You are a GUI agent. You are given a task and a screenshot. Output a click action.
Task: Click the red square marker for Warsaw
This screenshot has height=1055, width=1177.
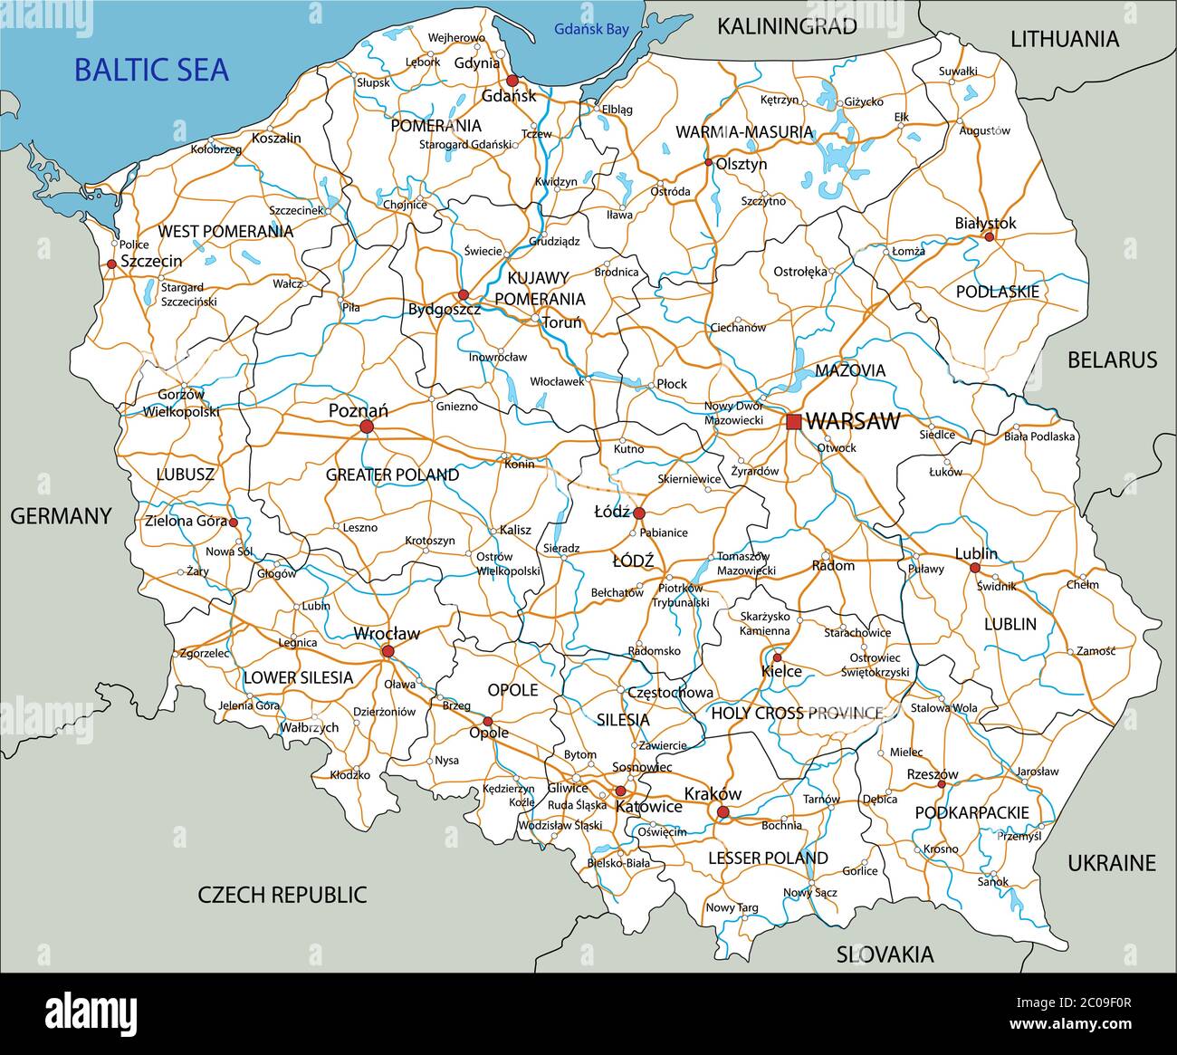click(x=794, y=421)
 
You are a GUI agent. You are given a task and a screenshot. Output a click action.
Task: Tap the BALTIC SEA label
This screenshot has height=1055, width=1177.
click(x=151, y=70)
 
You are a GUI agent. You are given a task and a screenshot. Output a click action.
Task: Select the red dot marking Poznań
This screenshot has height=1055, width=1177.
click(x=367, y=426)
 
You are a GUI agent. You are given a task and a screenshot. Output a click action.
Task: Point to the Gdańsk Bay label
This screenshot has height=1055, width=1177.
click(x=591, y=30)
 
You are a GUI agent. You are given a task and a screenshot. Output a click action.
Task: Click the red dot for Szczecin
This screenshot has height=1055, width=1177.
click(x=111, y=264)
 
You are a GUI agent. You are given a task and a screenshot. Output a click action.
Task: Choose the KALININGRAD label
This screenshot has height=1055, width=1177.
click(x=787, y=26)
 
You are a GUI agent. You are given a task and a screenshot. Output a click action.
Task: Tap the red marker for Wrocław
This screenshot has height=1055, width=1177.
click(x=388, y=651)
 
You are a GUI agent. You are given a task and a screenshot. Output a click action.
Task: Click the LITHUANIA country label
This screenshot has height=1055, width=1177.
click(x=1065, y=39)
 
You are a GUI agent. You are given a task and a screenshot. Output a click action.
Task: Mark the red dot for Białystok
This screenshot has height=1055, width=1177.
click(x=989, y=237)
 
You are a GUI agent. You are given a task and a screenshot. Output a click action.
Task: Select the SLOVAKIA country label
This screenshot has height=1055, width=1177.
click(x=885, y=954)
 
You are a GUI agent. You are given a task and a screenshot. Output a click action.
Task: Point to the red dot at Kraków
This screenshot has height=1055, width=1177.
click(x=722, y=811)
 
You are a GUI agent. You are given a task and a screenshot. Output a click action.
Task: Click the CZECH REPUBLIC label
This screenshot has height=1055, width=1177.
click(x=282, y=895)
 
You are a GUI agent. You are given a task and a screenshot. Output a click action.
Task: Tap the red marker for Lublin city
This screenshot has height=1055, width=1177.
click(x=975, y=568)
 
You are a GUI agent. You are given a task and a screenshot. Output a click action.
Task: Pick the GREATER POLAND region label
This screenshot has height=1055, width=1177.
click(x=392, y=475)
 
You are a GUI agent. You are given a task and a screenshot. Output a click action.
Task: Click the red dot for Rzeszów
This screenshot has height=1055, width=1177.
click(x=941, y=783)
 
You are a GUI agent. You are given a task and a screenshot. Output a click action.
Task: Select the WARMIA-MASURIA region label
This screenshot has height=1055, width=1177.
click(x=744, y=132)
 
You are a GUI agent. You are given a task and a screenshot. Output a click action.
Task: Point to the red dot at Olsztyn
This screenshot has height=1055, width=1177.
click(x=708, y=163)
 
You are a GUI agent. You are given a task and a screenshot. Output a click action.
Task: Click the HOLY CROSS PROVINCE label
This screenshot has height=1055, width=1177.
click(x=797, y=713)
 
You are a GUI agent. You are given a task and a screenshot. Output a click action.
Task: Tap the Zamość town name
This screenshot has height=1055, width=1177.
click(x=1096, y=651)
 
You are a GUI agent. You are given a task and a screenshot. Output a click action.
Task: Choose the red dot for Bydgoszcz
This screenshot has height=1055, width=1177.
click(x=463, y=294)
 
